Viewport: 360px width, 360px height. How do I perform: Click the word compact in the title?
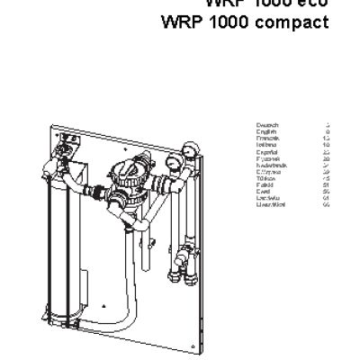[297, 22]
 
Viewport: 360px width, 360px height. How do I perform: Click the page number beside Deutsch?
[327, 125]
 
